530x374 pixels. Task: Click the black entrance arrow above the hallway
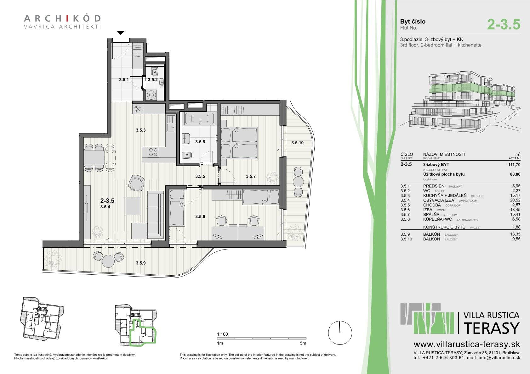[x=121, y=33]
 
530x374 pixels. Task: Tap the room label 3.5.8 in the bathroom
[x=200, y=142]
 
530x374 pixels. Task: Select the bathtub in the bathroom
[x=199, y=118]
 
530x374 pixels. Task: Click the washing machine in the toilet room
[x=151, y=95]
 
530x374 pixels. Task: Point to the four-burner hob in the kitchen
[x=153, y=152]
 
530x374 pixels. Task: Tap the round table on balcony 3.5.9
[x=108, y=261]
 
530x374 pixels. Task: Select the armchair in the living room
[x=137, y=183]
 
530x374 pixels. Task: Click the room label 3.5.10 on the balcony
[x=297, y=143]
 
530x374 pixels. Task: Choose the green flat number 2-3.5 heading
[x=504, y=25]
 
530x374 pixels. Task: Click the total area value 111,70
[x=514, y=165]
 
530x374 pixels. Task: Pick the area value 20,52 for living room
[x=515, y=200]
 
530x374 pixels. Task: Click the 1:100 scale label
[x=222, y=334]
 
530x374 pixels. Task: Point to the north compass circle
[x=340, y=333]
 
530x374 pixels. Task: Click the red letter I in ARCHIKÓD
[x=67, y=19]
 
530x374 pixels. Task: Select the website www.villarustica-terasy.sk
[x=467, y=344]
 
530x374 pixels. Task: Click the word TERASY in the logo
[x=492, y=328]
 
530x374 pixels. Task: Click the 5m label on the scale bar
[x=303, y=343]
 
